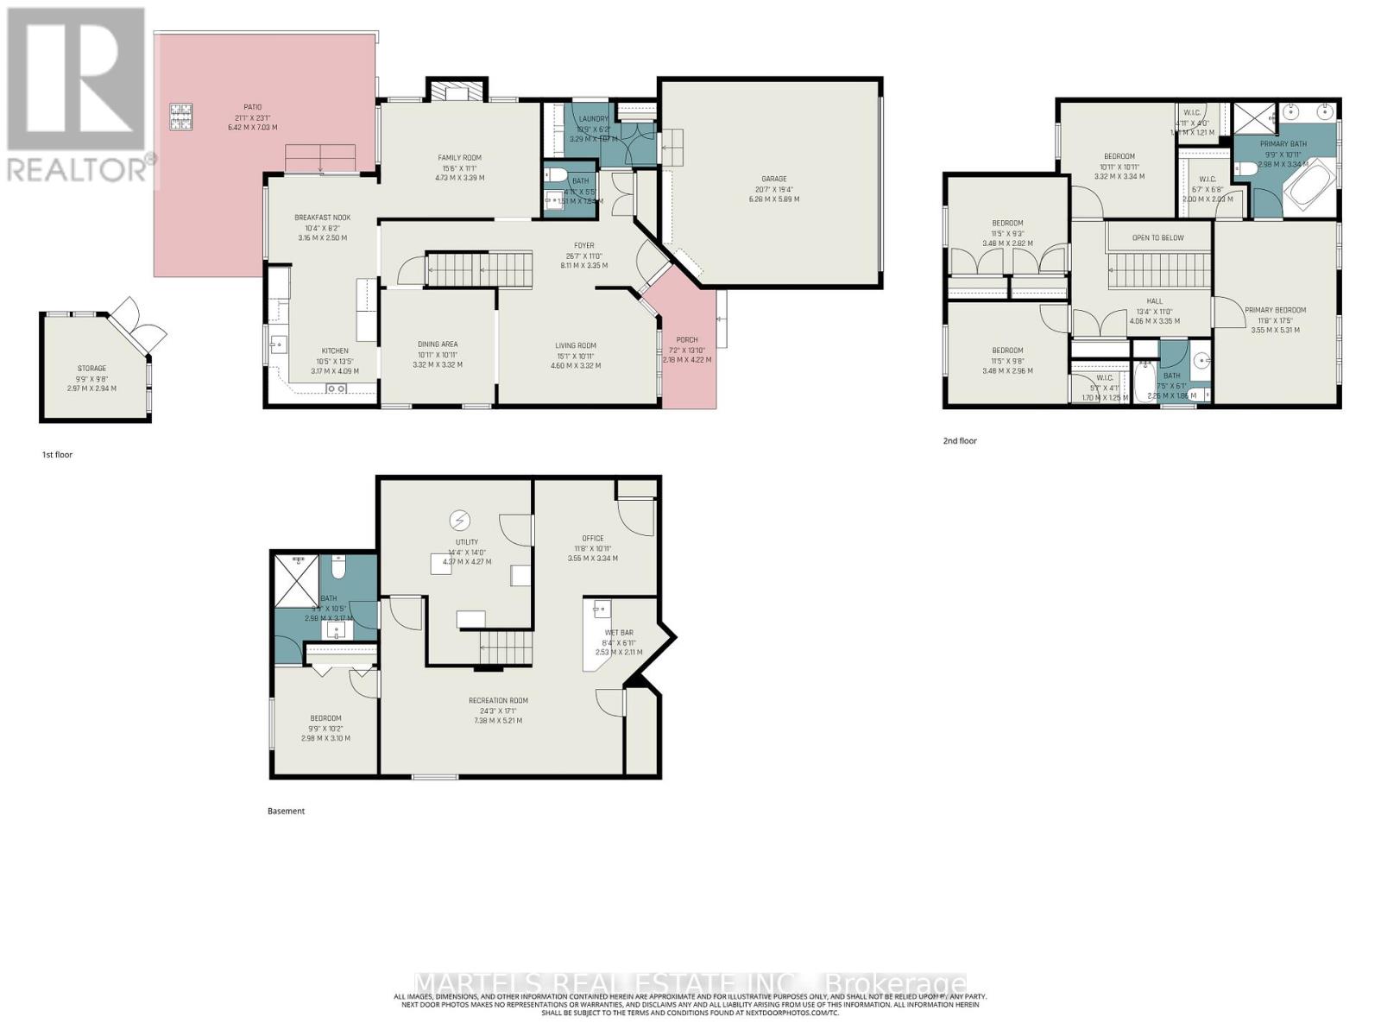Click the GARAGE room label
[773, 180]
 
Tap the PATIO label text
[252, 107]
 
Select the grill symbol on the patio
[181, 116]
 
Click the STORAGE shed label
[91, 369]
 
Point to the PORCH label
[686, 340]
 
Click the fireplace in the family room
[457, 91]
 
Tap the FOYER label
[583, 246]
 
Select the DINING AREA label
[438, 344]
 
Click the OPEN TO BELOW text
[1157, 238]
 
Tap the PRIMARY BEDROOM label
[1275, 311]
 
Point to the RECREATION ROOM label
[498, 701]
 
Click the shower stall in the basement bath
[296, 578]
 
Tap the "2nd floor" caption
[959, 441]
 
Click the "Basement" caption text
[286, 812]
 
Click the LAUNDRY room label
[593, 119]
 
